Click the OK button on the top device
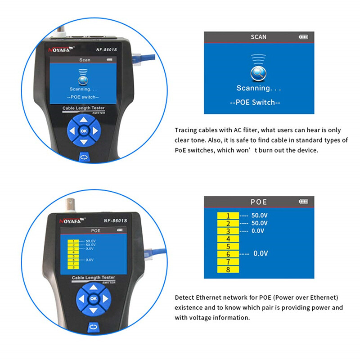(84, 131)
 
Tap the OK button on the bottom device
(93, 298)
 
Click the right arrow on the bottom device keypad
(105, 298)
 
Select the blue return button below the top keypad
(84, 157)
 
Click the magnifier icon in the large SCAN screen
(258, 72)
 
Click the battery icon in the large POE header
(303, 202)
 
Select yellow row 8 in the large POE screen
(228, 270)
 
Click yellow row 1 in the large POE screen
(228, 215)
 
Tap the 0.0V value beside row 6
(261, 254)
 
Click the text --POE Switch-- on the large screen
(255, 102)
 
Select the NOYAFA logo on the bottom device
(72, 221)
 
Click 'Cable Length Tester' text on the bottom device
(93, 278)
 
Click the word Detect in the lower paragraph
(185, 298)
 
